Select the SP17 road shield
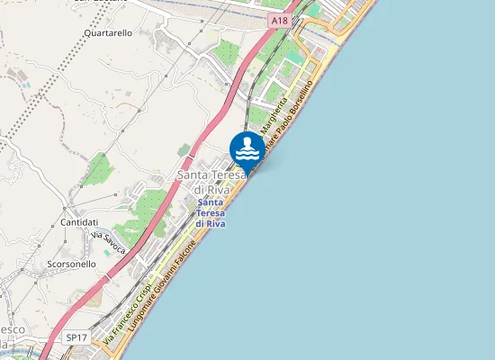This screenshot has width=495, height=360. pyautogui.click(x=76, y=337)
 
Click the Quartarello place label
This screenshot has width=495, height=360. pyautogui.click(x=107, y=32)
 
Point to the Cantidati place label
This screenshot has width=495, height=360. pyautogui.click(x=78, y=221)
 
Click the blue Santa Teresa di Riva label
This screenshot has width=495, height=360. pyautogui.click(x=210, y=212)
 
